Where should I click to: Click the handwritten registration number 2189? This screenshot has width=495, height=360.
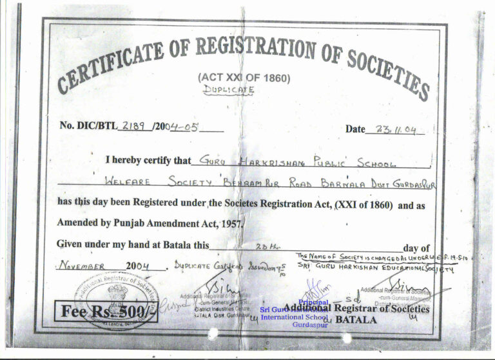[134, 126]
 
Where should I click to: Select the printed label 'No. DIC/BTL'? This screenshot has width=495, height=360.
[88, 126]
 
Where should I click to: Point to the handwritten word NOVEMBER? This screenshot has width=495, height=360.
[82, 265]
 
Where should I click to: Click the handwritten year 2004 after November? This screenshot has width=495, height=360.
[138, 265]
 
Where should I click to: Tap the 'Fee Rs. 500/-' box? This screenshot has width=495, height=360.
[106, 312]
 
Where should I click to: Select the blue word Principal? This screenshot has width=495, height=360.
[314, 302]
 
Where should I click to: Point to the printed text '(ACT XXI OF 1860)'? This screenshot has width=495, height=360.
[244, 78]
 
